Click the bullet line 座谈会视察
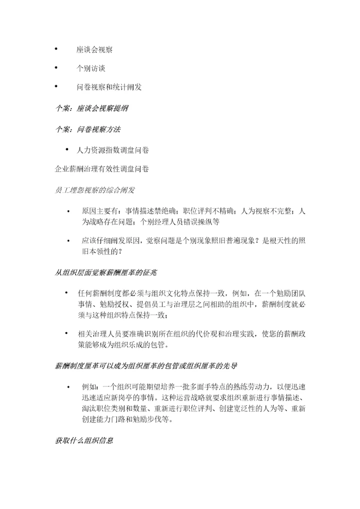94,49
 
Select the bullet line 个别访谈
90,68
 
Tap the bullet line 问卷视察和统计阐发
109,87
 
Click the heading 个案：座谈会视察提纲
87,108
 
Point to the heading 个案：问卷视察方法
87,129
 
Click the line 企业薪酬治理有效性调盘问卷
101,169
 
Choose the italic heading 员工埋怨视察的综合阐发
94,190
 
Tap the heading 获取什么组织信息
84,440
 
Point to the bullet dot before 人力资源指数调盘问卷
66,149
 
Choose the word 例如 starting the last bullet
88,387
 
